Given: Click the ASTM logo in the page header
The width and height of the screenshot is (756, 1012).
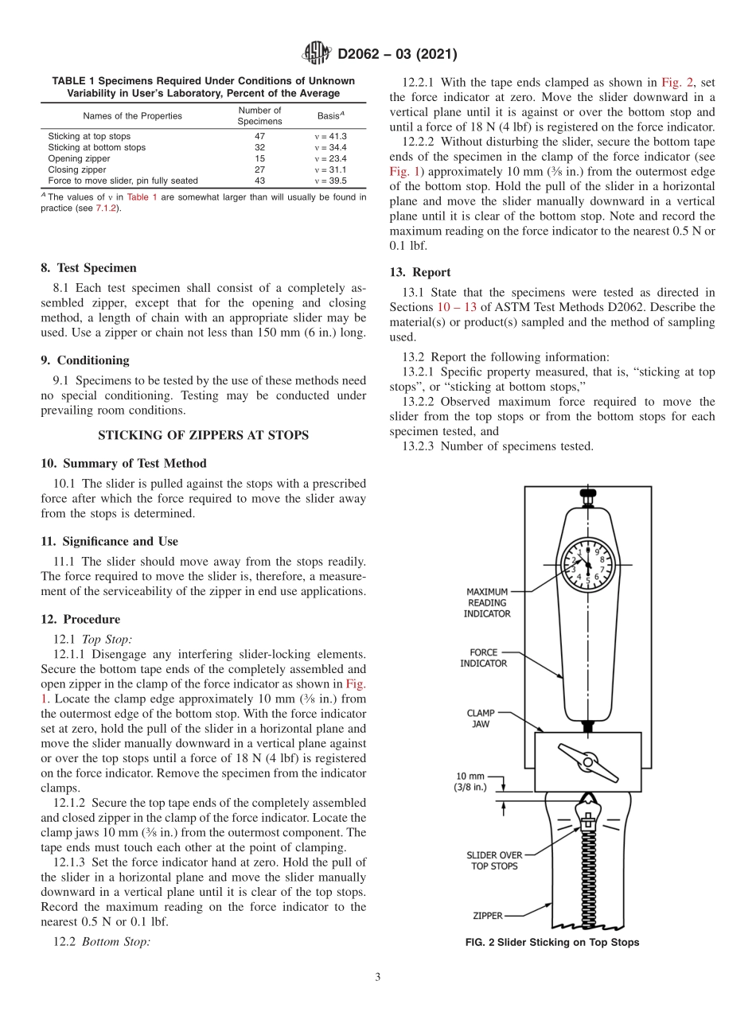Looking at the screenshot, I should [x=317, y=54].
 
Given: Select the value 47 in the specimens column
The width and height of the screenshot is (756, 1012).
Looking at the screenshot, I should [x=259, y=137].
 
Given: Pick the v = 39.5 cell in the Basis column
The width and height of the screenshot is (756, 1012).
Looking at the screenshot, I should [x=330, y=181].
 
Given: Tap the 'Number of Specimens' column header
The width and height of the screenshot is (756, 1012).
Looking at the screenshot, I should [x=259, y=116].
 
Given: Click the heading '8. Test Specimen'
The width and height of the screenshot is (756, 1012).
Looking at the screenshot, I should [x=88, y=268].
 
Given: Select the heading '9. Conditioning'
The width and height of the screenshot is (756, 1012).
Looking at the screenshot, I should [x=85, y=360].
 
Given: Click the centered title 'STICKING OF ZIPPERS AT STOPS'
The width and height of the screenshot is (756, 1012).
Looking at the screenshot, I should [x=203, y=435].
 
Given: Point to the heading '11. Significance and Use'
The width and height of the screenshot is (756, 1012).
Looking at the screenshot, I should [x=109, y=541].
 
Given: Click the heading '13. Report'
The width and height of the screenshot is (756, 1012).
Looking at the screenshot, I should [x=420, y=272].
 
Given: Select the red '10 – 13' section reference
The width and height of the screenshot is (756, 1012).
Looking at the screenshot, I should [x=457, y=307].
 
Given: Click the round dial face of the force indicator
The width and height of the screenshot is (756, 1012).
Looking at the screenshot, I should [x=588, y=564].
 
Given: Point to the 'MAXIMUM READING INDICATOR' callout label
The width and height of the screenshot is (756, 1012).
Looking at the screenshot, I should [x=488, y=603].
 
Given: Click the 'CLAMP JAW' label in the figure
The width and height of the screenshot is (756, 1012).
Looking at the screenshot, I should [x=481, y=718].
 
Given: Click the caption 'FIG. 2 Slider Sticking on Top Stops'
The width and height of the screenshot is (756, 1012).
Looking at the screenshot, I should [x=552, y=943].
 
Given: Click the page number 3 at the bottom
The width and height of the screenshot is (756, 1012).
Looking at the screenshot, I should [x=377, y=977].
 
